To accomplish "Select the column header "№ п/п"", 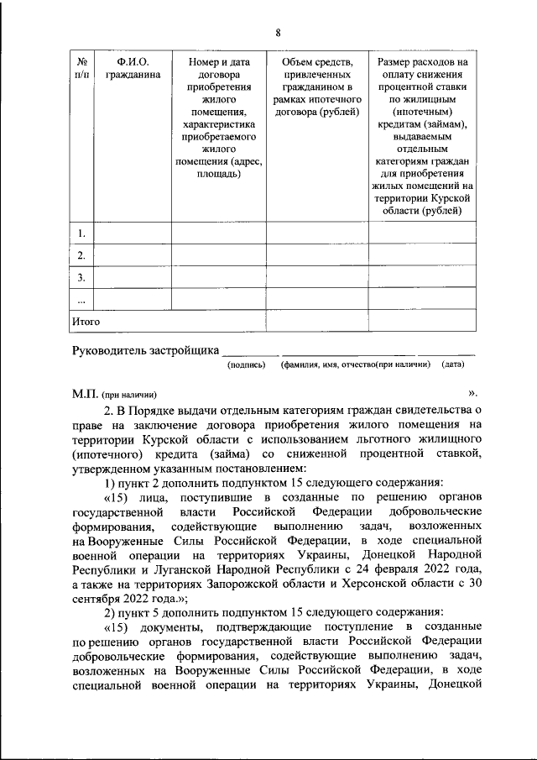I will coord(83,68).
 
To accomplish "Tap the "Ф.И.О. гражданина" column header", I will coord(132,68).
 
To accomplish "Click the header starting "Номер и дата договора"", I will coord(218,118).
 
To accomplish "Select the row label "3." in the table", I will coord(82,276).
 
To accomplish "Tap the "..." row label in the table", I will coord(81,299).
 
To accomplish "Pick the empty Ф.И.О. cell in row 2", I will coord(132,254).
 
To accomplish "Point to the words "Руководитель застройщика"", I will coord(146,350).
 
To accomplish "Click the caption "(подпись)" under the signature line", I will coord(247,365).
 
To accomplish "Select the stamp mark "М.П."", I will coord(86,394).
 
